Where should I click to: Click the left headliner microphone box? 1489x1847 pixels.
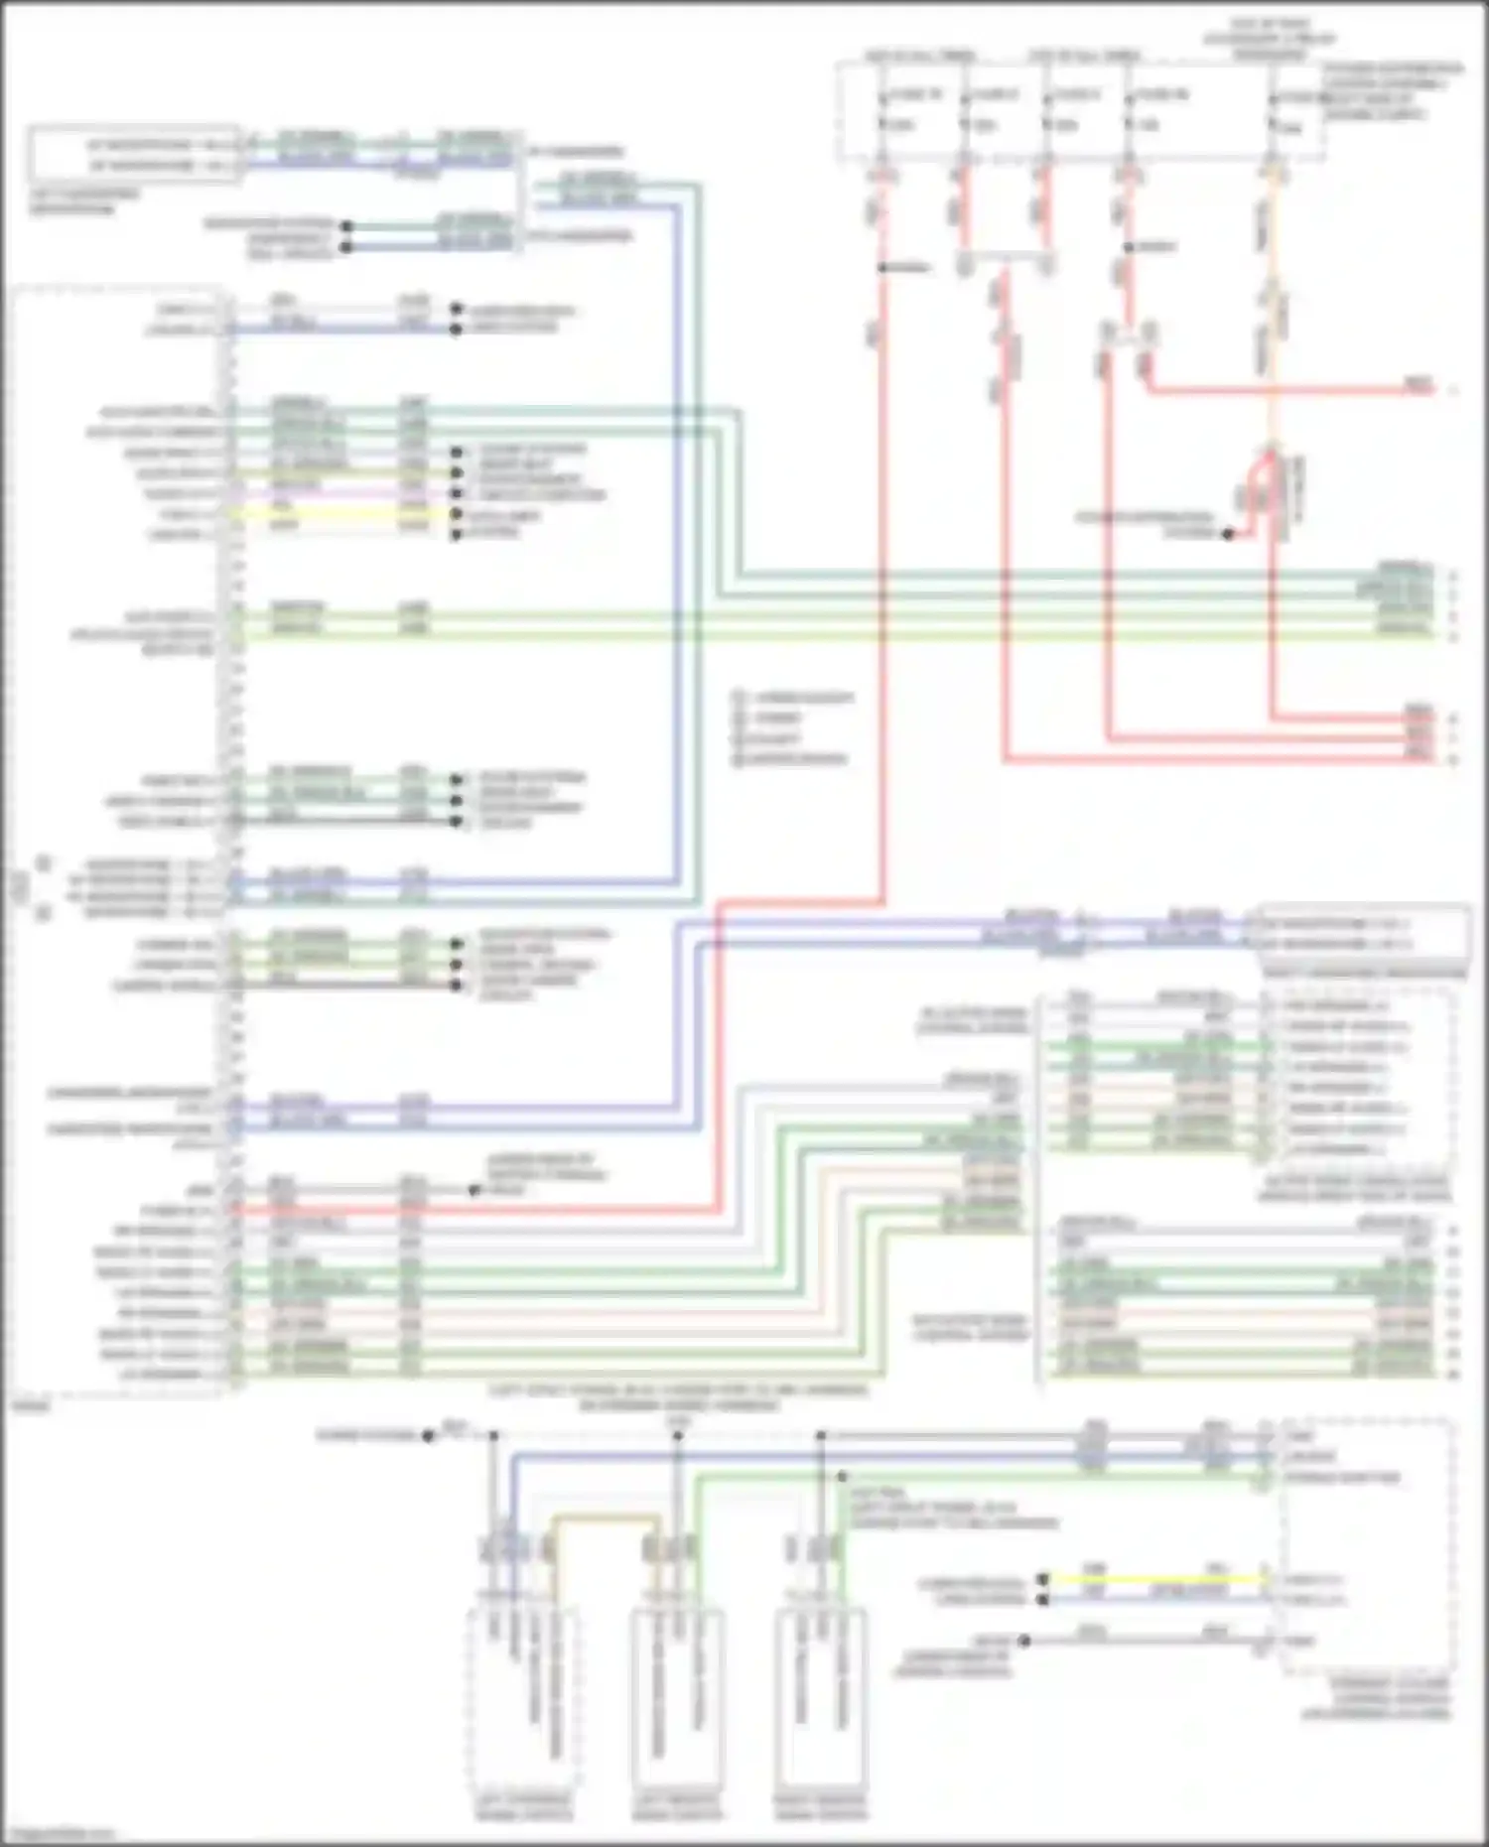coord(134,155)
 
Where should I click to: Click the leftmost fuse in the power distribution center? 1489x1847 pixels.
coord(881,111)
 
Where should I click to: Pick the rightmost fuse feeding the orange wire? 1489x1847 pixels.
coord(1274,111)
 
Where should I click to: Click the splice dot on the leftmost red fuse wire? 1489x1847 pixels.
coord(881,267)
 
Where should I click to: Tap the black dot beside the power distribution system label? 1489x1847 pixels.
coord(1228,534)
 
